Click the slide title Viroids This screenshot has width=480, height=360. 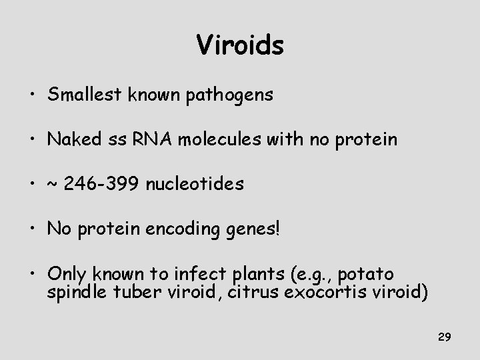240,45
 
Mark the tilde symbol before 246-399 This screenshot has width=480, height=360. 54,185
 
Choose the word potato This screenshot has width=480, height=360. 369,275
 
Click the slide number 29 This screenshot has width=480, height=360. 445,338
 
